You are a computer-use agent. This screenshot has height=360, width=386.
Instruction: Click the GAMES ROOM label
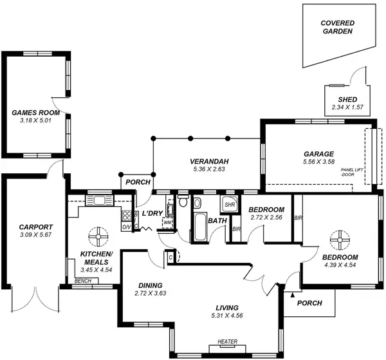35,112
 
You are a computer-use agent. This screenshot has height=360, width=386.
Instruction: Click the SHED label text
347,99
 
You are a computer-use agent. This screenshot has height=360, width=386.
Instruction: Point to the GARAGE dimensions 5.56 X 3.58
318,162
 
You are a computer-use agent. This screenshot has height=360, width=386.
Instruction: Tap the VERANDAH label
210,161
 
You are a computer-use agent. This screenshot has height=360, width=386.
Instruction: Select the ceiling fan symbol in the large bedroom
338,240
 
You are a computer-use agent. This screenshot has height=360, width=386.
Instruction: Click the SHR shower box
230,205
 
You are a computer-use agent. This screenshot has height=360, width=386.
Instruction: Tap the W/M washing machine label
168,222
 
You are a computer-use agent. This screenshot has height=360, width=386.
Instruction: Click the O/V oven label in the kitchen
126,226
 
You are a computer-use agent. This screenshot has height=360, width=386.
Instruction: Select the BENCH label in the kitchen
82,281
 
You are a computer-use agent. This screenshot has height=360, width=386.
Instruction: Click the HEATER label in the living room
228,341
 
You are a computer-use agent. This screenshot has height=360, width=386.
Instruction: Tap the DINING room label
150,285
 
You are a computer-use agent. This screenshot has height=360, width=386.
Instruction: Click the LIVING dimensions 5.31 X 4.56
228,316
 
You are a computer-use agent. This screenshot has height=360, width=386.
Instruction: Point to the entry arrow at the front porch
293,294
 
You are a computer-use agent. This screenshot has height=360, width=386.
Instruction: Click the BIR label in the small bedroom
236,229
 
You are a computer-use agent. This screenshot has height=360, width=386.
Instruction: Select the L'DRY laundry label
152,213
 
